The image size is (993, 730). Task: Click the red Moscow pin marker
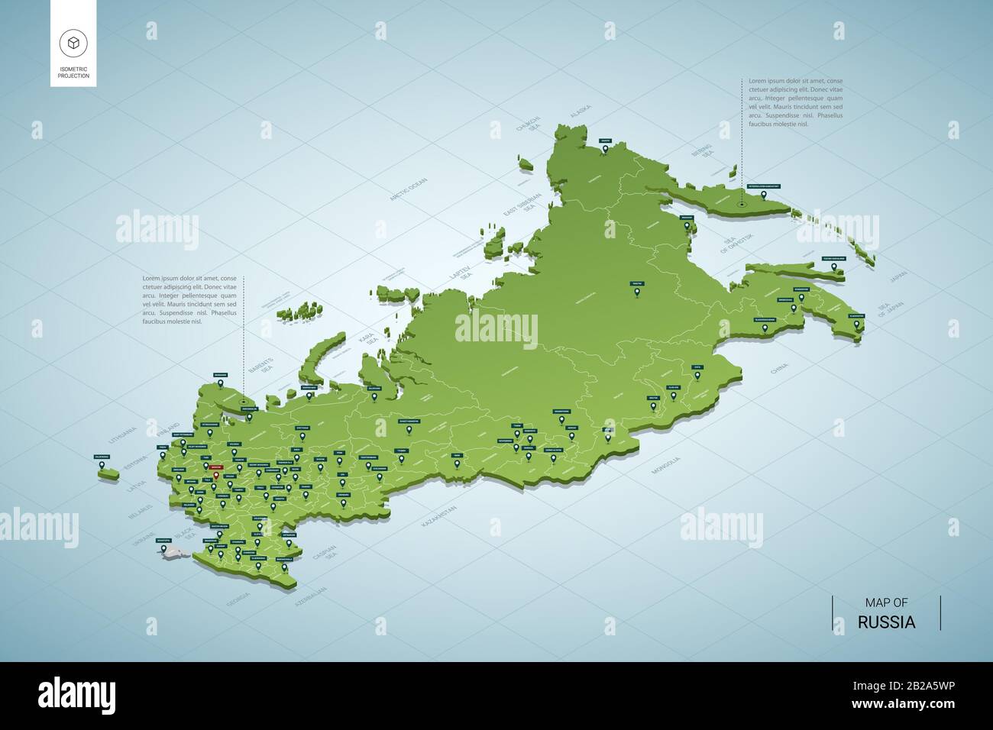[x=216, y=476]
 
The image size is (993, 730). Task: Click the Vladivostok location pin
[x=856, y=325]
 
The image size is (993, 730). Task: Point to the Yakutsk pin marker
[x=636, y=290]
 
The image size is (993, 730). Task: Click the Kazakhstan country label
[x=440, y=518]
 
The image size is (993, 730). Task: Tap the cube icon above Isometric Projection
[x=73, y=42]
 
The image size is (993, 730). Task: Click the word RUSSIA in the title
[x=886, y=622]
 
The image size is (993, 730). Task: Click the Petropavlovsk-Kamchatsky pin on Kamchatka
[x=741, y=204]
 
